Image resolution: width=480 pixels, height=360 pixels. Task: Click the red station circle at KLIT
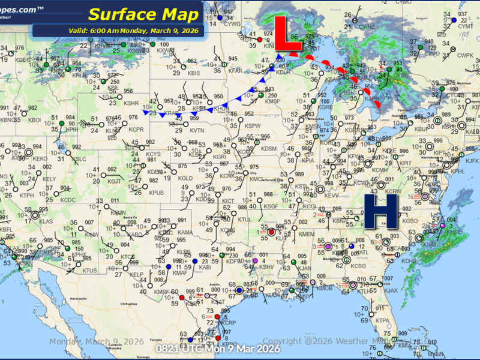271,232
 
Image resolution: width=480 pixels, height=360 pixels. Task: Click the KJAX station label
391,290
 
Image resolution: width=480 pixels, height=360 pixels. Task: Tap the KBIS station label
194,73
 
